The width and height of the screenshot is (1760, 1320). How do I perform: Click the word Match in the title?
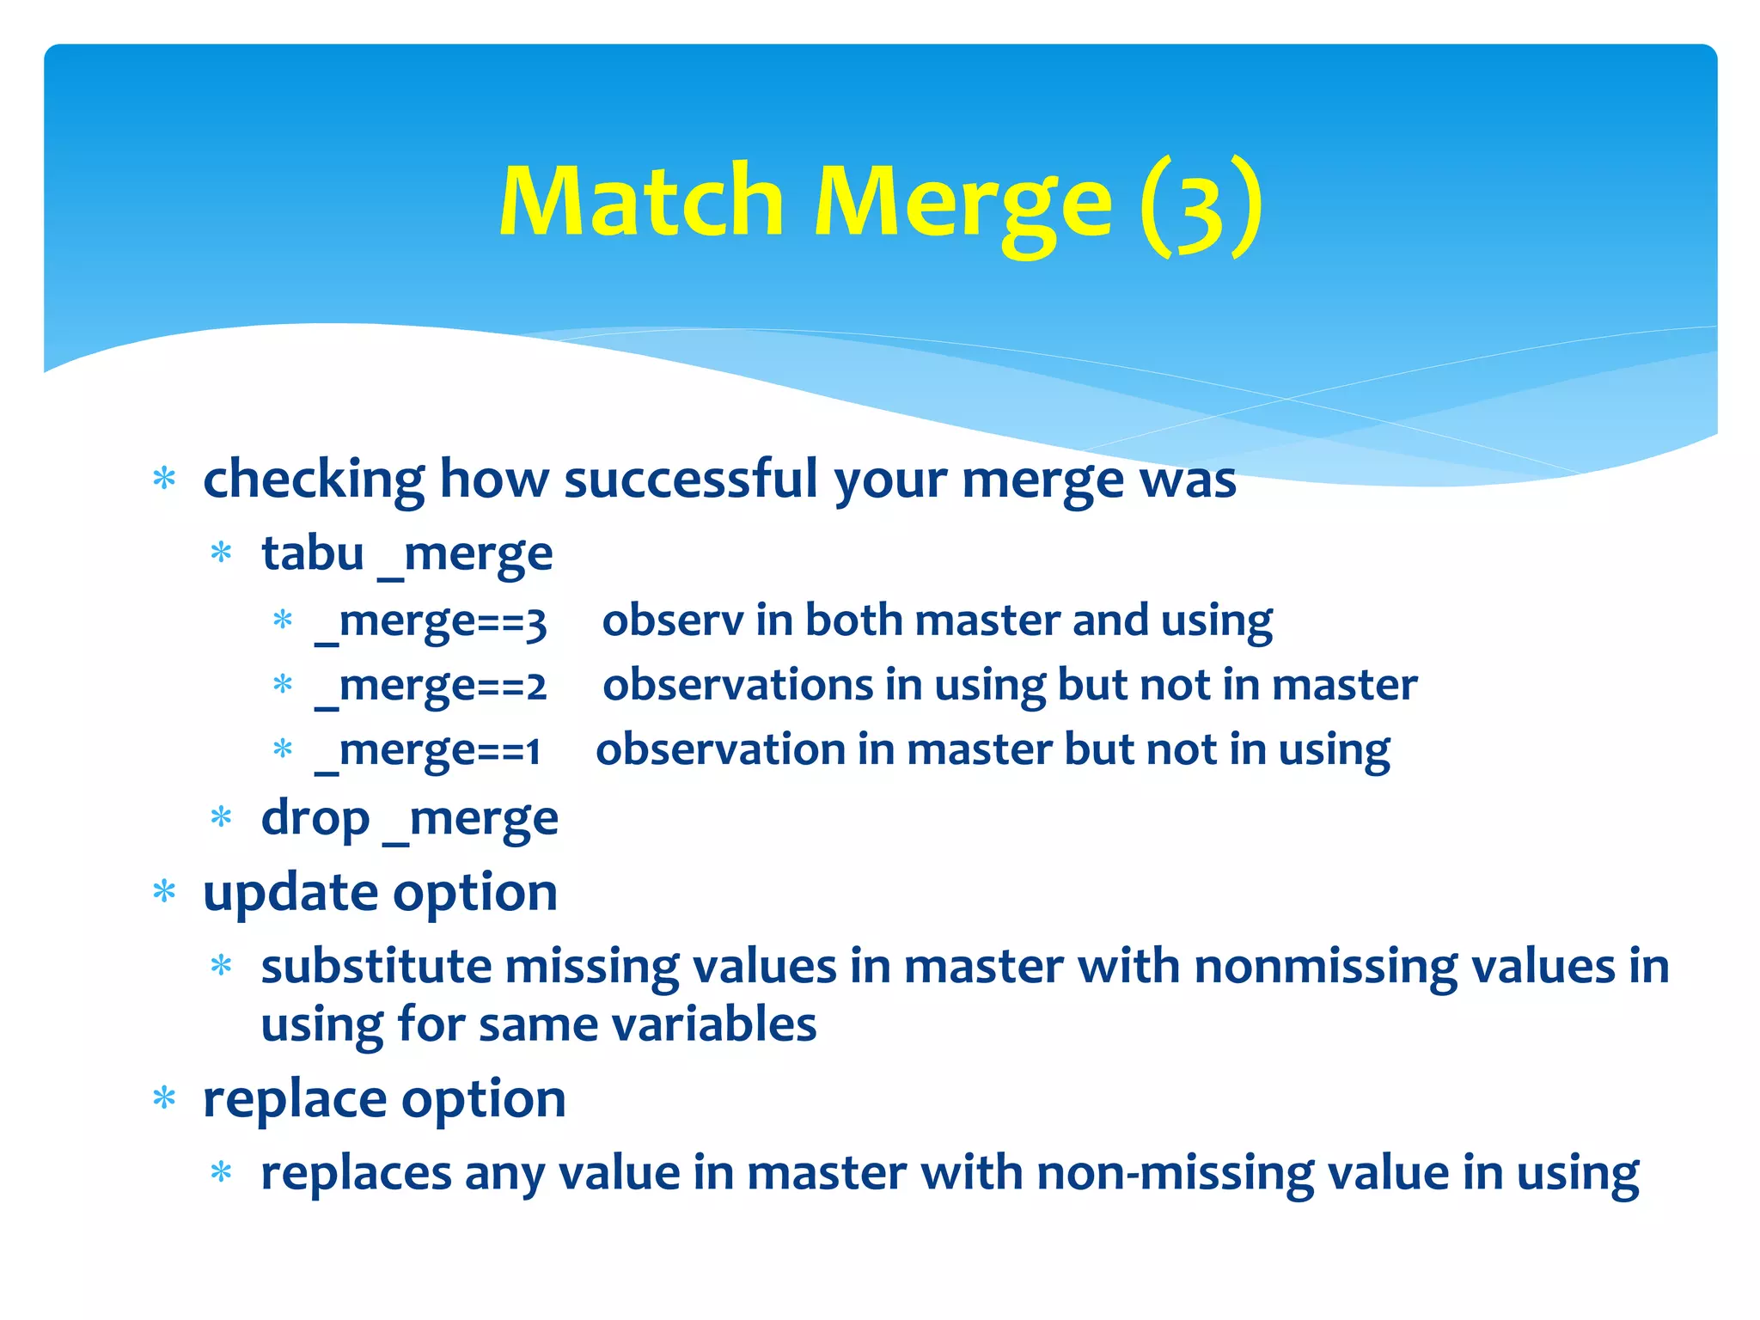(x=640, y=202)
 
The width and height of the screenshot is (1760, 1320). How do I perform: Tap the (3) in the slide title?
(x=1201, y=206)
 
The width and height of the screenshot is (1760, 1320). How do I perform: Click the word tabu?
(x=313, y=553)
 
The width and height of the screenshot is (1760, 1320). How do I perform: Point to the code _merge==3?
(x=431, y=621)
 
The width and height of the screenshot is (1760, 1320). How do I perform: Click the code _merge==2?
(x=431, y=686)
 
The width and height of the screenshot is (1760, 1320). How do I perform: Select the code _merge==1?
(x=427, y=750)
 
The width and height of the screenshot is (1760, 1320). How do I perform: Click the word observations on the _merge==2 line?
(x=737, y=685)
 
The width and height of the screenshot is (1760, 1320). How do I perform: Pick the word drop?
(x=315, y=818)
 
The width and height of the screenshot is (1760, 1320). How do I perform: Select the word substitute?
(x=376, y=967)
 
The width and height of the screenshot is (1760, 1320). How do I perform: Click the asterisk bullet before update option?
(x=164, y=892)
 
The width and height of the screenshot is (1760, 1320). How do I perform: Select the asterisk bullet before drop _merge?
(x=222, y=817)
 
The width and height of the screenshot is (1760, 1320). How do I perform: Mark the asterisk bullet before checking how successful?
(x=164, y=479)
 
